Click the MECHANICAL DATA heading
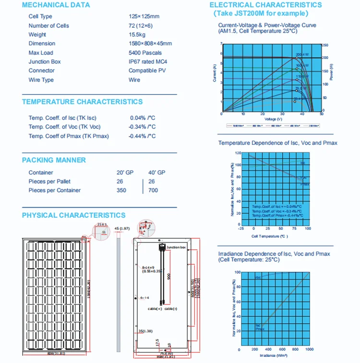pyautogui.click(x=56, y=5)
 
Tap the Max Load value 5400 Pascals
pyautogui.click(x=145, y=53)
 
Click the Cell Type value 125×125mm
pyautogui.click(x=144, y=16)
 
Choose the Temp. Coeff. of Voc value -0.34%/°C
pyautogui.click(x=142, y=127)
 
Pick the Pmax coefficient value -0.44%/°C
pyautogui.click(x=142, y=136)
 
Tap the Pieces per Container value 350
pyautogui.click(x=121, y=190)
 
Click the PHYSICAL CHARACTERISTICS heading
pyautogui.click(x=73, y=216)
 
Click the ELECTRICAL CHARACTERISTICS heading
pyautogui.click(x=265, y=5)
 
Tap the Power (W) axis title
pyautogui.click(x=331, y=71)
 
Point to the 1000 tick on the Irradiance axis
pyautogui.click(x=309, y=350)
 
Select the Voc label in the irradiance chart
pyautogui.click(x=258, y=278)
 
